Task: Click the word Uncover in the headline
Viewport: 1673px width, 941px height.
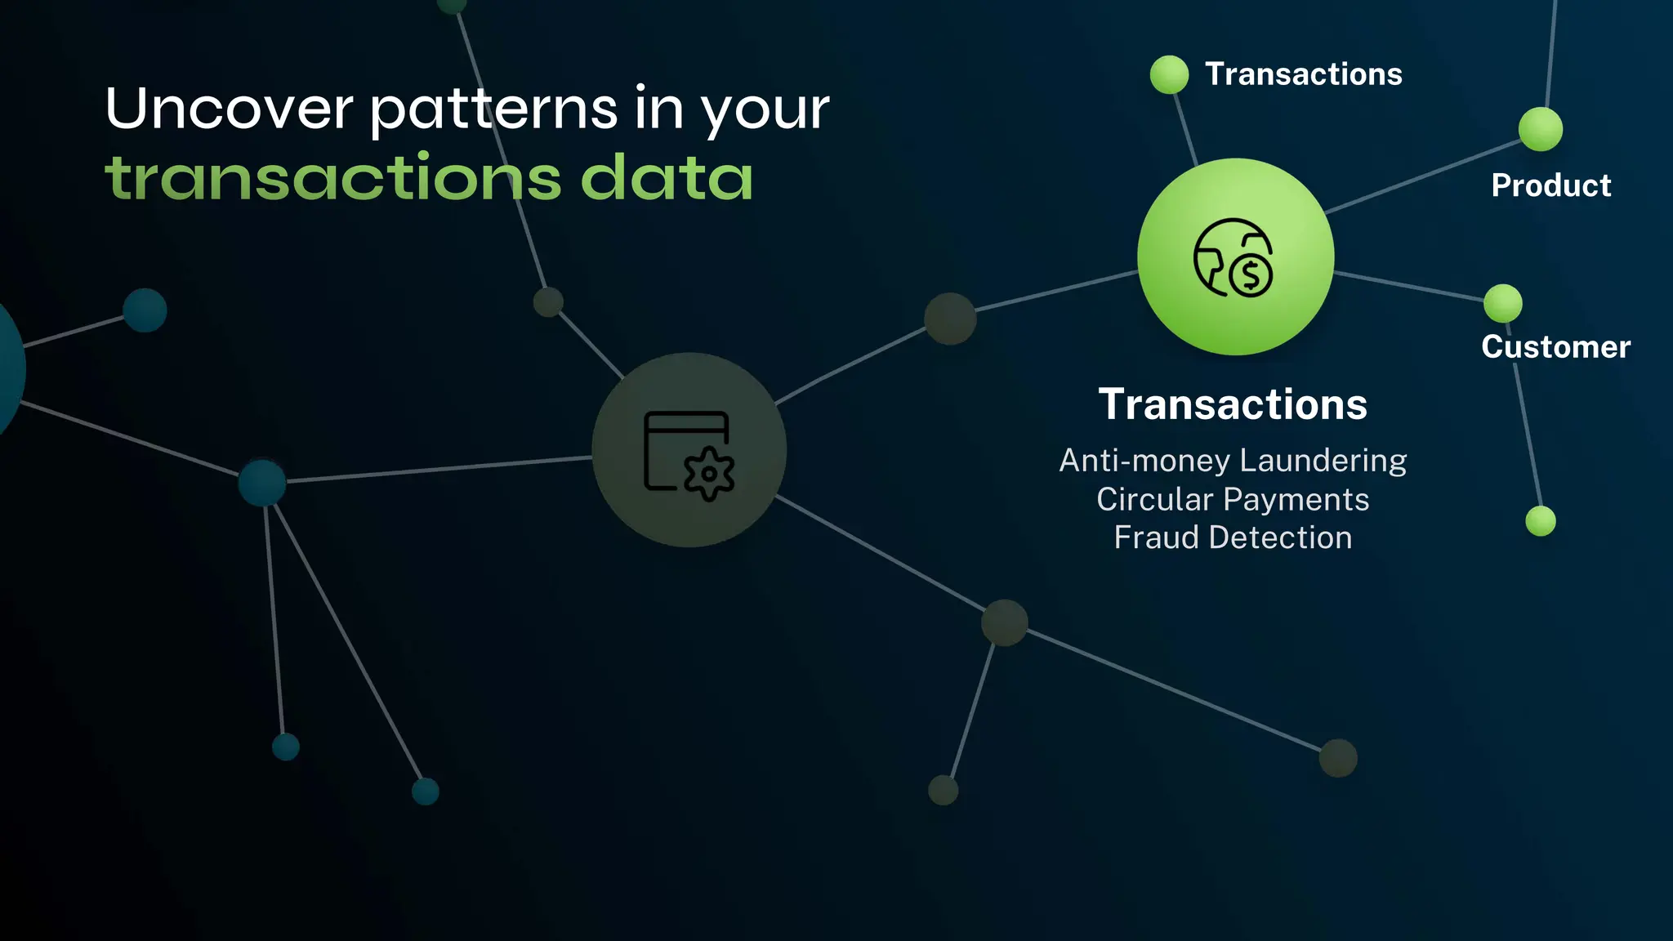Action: (x=229, y=109)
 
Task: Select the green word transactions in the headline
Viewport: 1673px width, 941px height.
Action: (x=333, y=178)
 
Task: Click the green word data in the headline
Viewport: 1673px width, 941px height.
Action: (x=667, y=178)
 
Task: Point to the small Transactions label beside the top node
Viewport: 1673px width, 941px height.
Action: (x=1304, y=74)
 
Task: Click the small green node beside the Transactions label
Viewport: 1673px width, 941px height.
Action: (x=1169, y=75)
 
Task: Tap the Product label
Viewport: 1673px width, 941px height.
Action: (x=1551, y=185)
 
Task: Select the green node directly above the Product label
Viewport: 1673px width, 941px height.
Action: (x=1541, y=129)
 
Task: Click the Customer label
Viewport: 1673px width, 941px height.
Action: (x=1556, y=347)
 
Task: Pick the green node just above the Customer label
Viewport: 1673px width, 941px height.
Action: (x=1503, y=304)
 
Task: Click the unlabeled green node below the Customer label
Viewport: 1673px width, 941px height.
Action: (x=1541, y=521)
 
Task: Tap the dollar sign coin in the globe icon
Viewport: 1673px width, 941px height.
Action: (x=1251, y=275)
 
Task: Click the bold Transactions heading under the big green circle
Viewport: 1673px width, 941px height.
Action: (x=1233, y=404)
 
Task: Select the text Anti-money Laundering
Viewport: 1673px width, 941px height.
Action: (x=1233, y=461)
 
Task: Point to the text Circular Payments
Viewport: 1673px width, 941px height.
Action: (x=1233, y=499)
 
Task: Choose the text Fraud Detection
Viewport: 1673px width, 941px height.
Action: (x=1233, y=537)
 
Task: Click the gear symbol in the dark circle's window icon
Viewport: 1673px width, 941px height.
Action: (x=709, y=474)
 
